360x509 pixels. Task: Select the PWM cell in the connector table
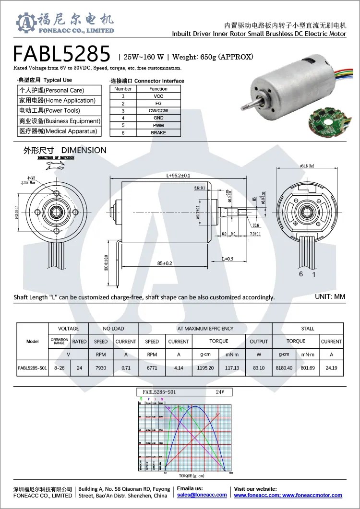coord(158,125)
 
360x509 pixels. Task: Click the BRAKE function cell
coord(158,132)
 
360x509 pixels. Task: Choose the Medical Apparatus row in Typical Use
coord(58,131)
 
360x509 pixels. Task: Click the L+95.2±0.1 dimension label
coord(179,176)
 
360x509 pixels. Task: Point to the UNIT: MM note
coord(330,296)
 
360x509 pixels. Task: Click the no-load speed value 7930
coord(101,368)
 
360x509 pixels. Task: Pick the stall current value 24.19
coord(331,368)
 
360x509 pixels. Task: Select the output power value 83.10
coord(258,368)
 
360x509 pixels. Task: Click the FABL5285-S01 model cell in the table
coord(32,368)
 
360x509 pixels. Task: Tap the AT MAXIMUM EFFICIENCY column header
coord(205,329)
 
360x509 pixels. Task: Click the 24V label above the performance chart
coord(220,392)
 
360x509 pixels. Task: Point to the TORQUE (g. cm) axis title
coord(192,475)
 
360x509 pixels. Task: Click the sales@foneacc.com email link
coord(202,495)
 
